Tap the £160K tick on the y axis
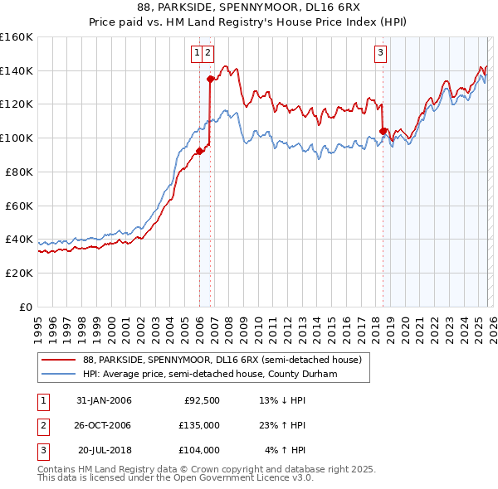pos(17,37)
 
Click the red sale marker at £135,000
pos(211,80)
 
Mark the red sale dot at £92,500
pos(200,151)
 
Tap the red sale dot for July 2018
pos(383,131)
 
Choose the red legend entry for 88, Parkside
pos(222,361)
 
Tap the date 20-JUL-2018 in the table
pos(104,450)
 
